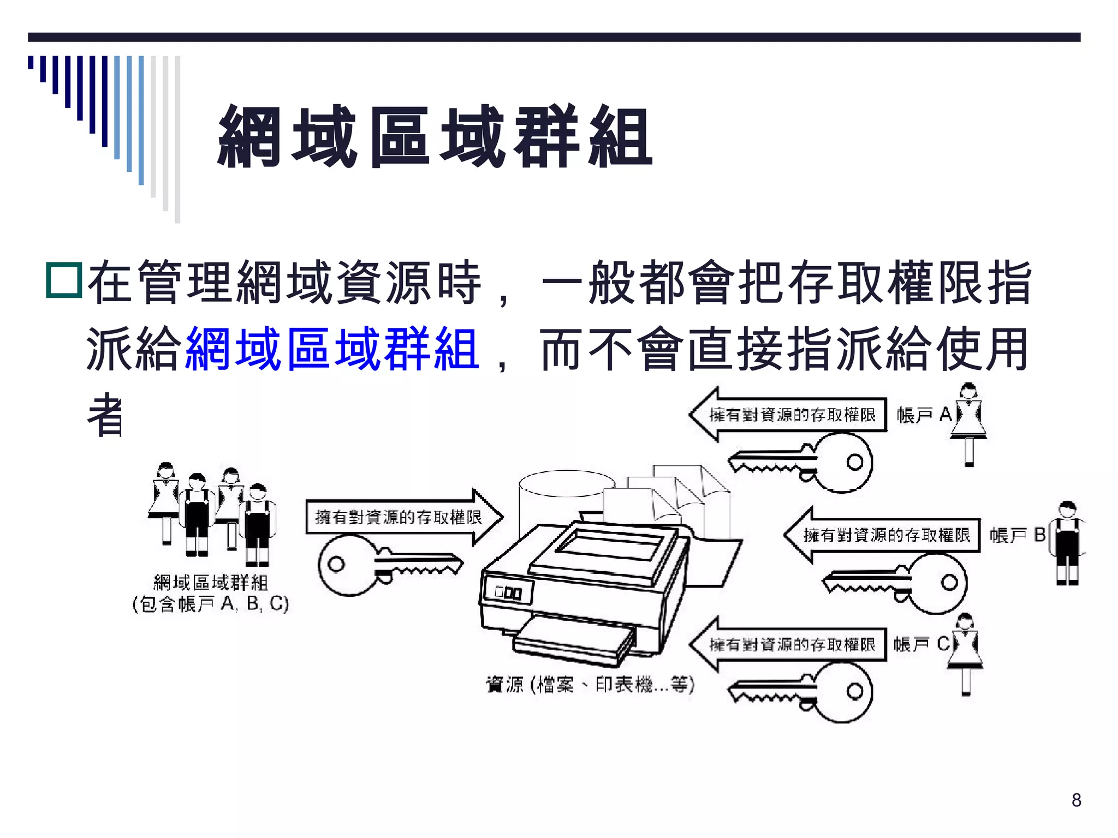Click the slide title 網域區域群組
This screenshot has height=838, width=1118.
[435, 136]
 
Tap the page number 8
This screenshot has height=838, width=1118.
[1076, 800]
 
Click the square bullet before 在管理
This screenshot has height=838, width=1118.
[64, 280]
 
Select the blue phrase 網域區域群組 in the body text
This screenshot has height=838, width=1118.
[332, 349]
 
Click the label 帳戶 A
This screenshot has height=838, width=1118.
[924, 415]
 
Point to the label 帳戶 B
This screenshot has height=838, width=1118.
[1017, 535]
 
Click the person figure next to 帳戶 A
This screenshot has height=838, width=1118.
[969, 423]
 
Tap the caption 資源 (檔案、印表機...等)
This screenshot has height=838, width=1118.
[590, 684]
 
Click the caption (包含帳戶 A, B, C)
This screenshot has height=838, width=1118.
[210, 604]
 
